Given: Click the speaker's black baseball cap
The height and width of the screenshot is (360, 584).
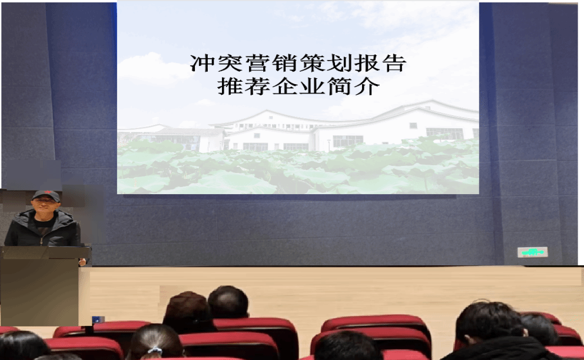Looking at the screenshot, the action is (46, 195).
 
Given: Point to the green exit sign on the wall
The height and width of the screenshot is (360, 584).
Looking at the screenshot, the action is (532, 252).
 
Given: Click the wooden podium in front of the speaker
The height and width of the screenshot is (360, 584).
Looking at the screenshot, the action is (42, 285).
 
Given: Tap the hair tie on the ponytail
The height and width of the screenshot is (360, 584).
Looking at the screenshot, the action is (155, 350).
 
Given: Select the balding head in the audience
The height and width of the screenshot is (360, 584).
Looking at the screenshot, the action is (228, 302).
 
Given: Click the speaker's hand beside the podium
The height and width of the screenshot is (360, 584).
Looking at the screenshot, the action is (82, 262).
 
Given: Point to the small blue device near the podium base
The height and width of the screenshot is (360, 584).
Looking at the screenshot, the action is (98, 319).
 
